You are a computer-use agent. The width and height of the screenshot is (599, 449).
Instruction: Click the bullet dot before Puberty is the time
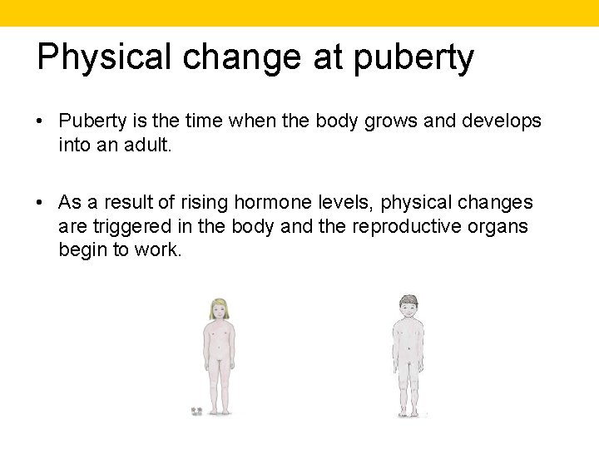point(40,121)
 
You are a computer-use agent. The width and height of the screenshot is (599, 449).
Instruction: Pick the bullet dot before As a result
point(40,202)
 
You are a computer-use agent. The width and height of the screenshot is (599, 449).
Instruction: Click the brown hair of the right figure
point(408,299)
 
